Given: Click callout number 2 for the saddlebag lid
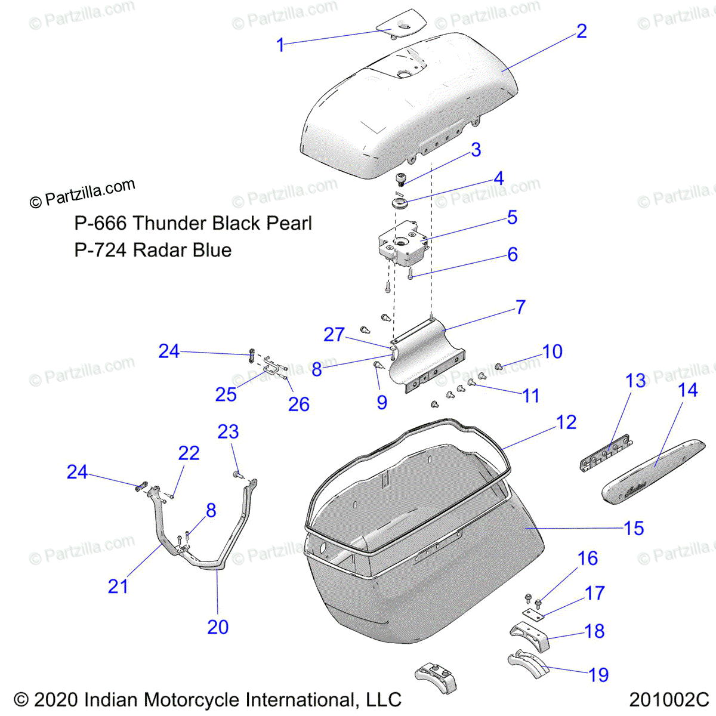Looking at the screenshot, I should [581, 31].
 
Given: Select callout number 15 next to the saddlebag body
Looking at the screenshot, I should [634, 528].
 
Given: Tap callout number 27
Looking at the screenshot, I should [334, 335].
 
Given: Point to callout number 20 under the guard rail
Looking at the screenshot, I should [218, 627].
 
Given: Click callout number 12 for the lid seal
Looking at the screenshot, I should [566, 422].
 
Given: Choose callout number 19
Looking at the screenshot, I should [598, 675].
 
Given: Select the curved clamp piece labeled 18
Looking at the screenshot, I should [530, 637].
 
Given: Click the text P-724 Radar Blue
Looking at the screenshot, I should [153, 250].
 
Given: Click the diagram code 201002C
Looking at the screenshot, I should [668, 699].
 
